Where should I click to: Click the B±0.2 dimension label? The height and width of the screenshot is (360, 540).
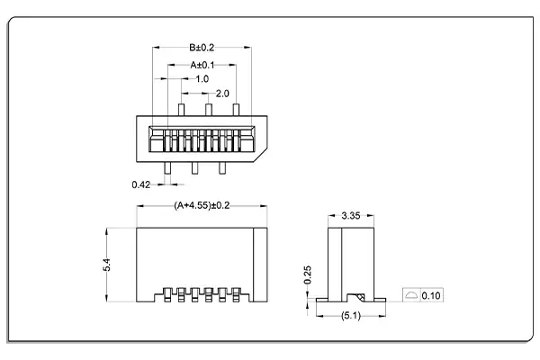202,48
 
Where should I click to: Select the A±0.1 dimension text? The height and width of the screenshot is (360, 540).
202,65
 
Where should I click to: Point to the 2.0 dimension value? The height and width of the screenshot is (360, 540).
222,94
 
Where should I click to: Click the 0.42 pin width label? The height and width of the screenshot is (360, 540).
140,184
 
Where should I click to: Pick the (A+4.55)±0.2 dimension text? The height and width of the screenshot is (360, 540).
202,206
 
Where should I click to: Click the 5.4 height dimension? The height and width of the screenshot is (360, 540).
106,265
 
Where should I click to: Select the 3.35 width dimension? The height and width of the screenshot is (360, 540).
351,216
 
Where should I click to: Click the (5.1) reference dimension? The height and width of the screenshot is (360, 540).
351,315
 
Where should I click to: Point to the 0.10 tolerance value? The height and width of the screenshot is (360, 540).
432,295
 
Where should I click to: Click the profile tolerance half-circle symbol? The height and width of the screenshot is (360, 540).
410,295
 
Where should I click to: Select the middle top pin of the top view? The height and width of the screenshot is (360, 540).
208,109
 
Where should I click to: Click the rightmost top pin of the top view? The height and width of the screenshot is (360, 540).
236,109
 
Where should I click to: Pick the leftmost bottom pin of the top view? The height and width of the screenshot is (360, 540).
167,167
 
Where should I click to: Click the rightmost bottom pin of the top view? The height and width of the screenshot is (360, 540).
222,167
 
